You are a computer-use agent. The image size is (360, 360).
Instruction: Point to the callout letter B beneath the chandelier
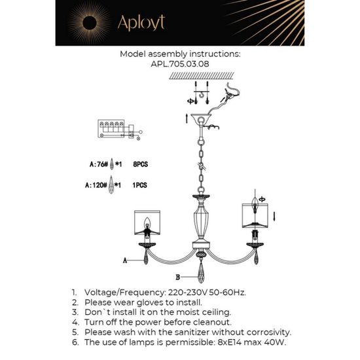click(x=177, y=267)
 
